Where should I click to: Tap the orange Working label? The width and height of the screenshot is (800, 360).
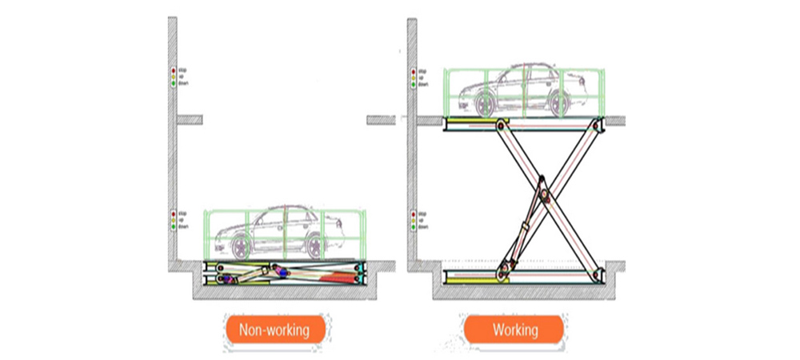515,330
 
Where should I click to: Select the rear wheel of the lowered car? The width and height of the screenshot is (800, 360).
314,246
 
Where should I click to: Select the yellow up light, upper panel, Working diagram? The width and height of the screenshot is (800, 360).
412,77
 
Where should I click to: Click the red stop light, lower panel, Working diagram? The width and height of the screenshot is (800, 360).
412,214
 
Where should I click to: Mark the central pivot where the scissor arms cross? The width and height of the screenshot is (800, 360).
547,194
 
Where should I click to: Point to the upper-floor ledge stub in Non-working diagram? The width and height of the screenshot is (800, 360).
190,120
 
